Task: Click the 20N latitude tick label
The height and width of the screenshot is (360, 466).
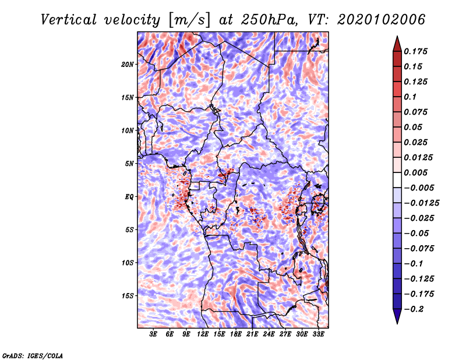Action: click(x=128, y=65)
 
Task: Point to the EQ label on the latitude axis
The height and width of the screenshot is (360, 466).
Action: click(x=129, y=197)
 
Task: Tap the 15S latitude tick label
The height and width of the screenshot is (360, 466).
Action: click(x=128, y=296)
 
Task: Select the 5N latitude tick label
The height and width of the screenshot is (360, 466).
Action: click(x=129, y=164)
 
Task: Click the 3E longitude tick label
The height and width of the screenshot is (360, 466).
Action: click(x=153, y=334)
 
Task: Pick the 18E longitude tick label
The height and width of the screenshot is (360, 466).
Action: click(x=236, y=334)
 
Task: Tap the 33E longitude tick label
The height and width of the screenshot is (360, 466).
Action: click(x=318, y=334)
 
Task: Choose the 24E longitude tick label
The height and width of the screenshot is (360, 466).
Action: click(x=269, y=334)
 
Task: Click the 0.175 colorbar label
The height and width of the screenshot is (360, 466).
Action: click(x=415, y=51)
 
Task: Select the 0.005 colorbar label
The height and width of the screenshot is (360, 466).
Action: click(x=415, y=172)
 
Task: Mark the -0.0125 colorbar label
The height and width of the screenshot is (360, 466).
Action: click(x=421, y=203)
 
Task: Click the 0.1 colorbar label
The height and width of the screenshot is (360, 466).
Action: click(x=410, y=97)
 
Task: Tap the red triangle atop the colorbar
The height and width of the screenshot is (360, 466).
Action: click(x=397, y=44)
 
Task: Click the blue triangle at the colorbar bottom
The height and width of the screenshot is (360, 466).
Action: click(x=397, y=316)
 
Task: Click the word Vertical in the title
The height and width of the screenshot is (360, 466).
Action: click(x=68, y=20)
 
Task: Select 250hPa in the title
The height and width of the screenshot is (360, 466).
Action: click(x=269, y=20)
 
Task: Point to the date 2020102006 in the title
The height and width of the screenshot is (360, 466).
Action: click(x=382, y=20)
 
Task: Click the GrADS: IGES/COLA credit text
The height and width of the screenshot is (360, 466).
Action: click(x=33, y=355)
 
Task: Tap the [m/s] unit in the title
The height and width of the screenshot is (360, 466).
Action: click(x=189, y=20)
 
